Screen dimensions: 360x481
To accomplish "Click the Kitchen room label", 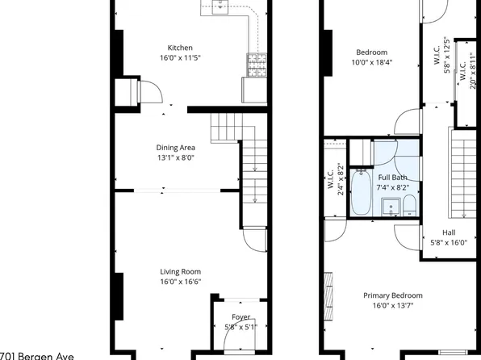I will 179,47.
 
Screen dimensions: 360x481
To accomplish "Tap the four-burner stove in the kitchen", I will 257,63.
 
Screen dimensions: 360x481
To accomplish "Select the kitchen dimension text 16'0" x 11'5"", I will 179,58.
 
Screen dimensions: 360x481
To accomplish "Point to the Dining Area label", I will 175,148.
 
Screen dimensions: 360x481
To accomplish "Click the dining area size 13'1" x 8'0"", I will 175,158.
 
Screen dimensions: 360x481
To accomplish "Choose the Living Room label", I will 180,272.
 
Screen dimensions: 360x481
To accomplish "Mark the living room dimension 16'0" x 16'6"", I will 180,283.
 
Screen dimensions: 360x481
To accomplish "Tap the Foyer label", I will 240,317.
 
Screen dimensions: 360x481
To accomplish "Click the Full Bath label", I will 392,177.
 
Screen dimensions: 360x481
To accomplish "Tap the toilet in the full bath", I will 409,203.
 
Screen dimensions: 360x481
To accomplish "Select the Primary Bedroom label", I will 392,295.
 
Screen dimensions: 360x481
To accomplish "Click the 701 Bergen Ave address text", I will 37,355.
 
